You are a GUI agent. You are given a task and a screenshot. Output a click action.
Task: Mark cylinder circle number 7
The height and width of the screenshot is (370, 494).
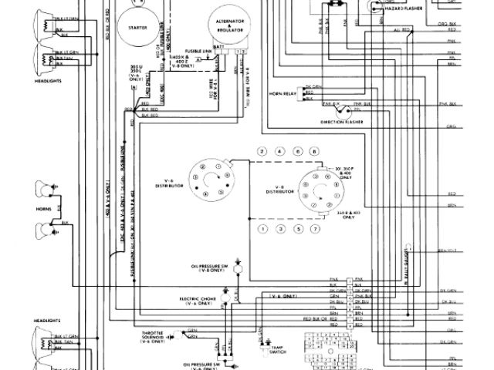point(315,230)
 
